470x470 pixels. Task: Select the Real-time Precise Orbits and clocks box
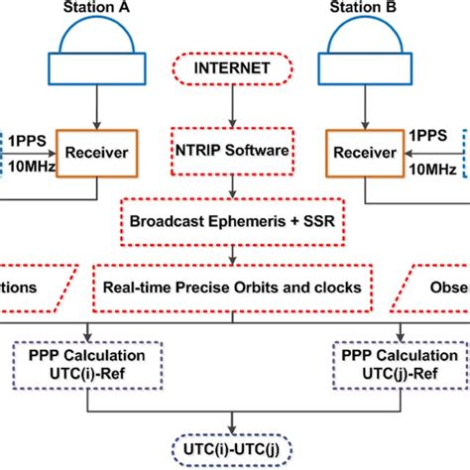pyautogui.click(x=234, y=286)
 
